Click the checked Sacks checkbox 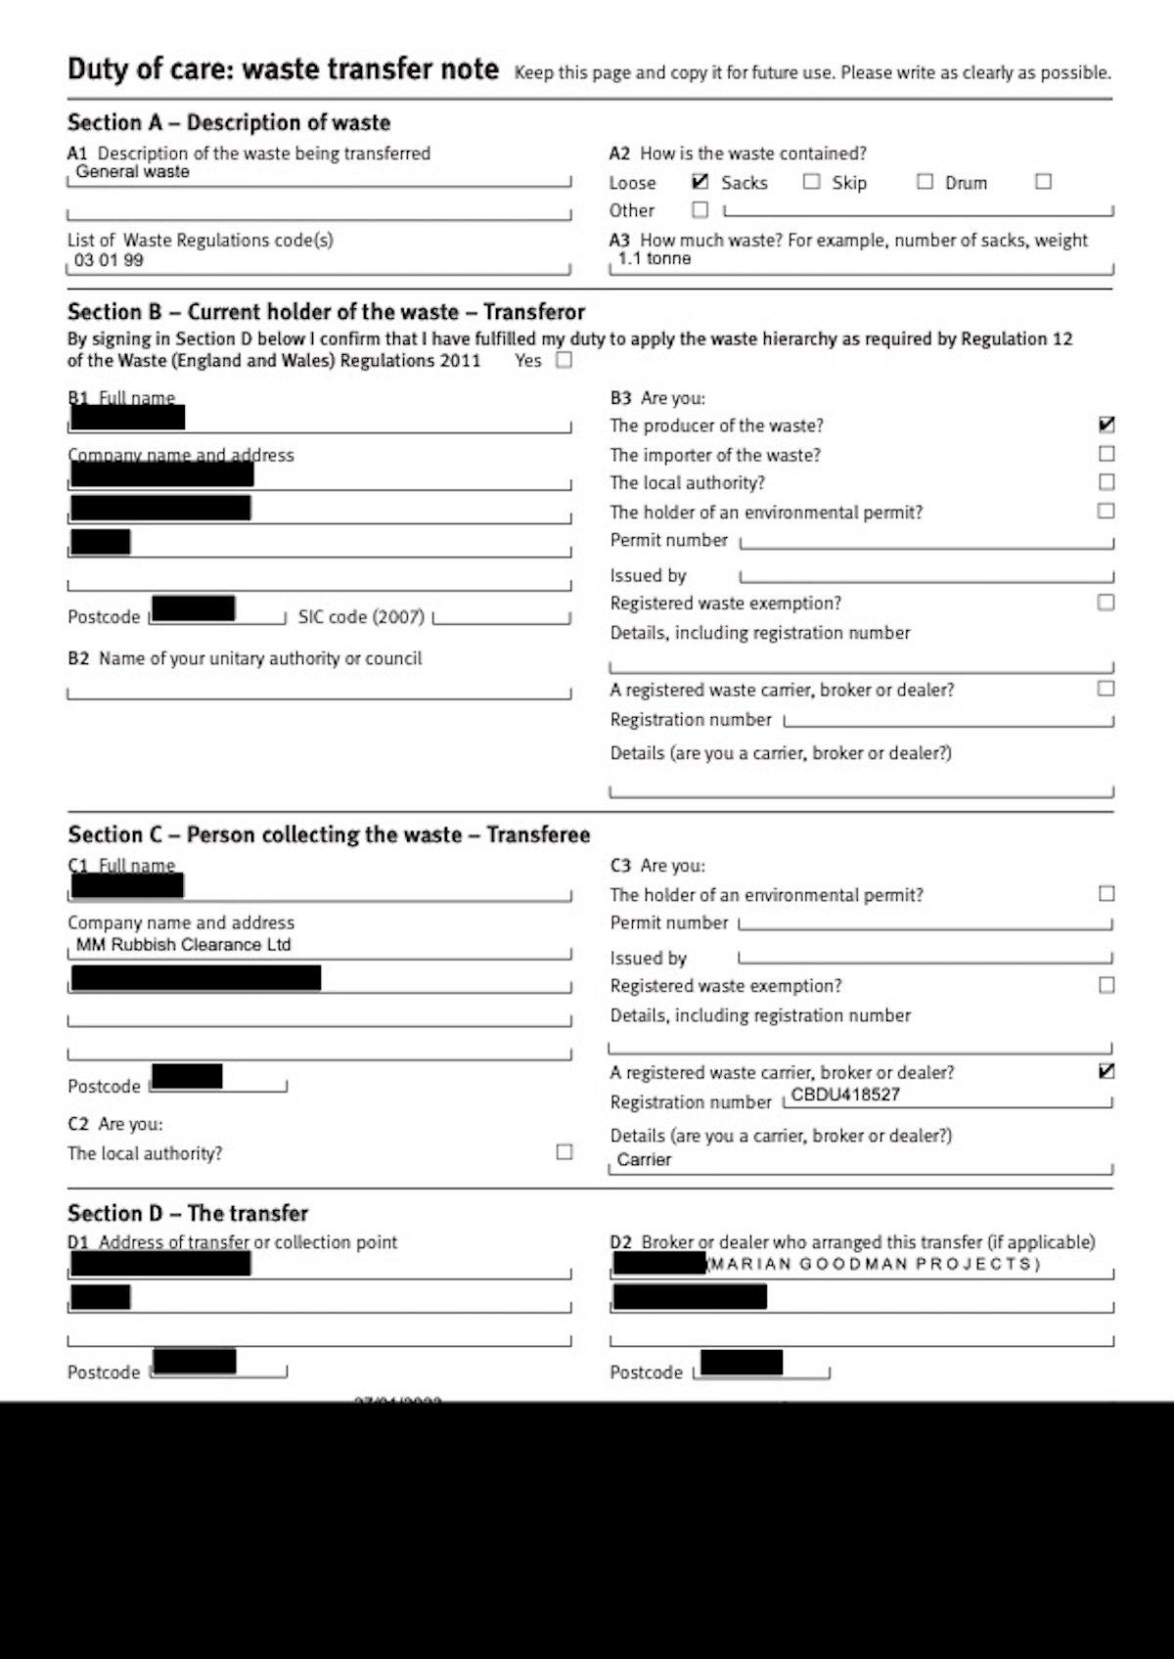tap(700, 181)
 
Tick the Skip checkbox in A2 tap(811, 181)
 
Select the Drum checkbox tap(925, 181)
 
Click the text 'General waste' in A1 tap(132, 172)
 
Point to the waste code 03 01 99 tap(109, 260)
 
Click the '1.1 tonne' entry tap(655, 259)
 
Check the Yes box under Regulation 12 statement tap(564, 360)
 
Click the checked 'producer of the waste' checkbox tap(1106, 425)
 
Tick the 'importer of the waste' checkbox tap(1106, 454)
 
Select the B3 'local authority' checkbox tap(1106, 482)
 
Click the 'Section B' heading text tap(326, 312)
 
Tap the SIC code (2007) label tap(361, 617)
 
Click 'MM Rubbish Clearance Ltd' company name tap(184, 945)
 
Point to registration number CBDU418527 tap(845, 1095)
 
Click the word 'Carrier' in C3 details tap(644, 1160)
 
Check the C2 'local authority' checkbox tap(564, 1152)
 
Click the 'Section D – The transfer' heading tap(188, 1214)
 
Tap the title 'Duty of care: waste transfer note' tap(283, 69)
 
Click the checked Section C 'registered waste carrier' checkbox tap(1106, 1071)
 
